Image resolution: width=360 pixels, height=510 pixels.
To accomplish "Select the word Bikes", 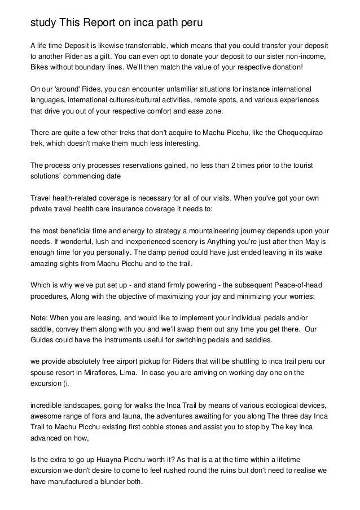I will click(x=40, y=67).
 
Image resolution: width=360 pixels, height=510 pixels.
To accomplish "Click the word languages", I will click(x=49, y=100).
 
